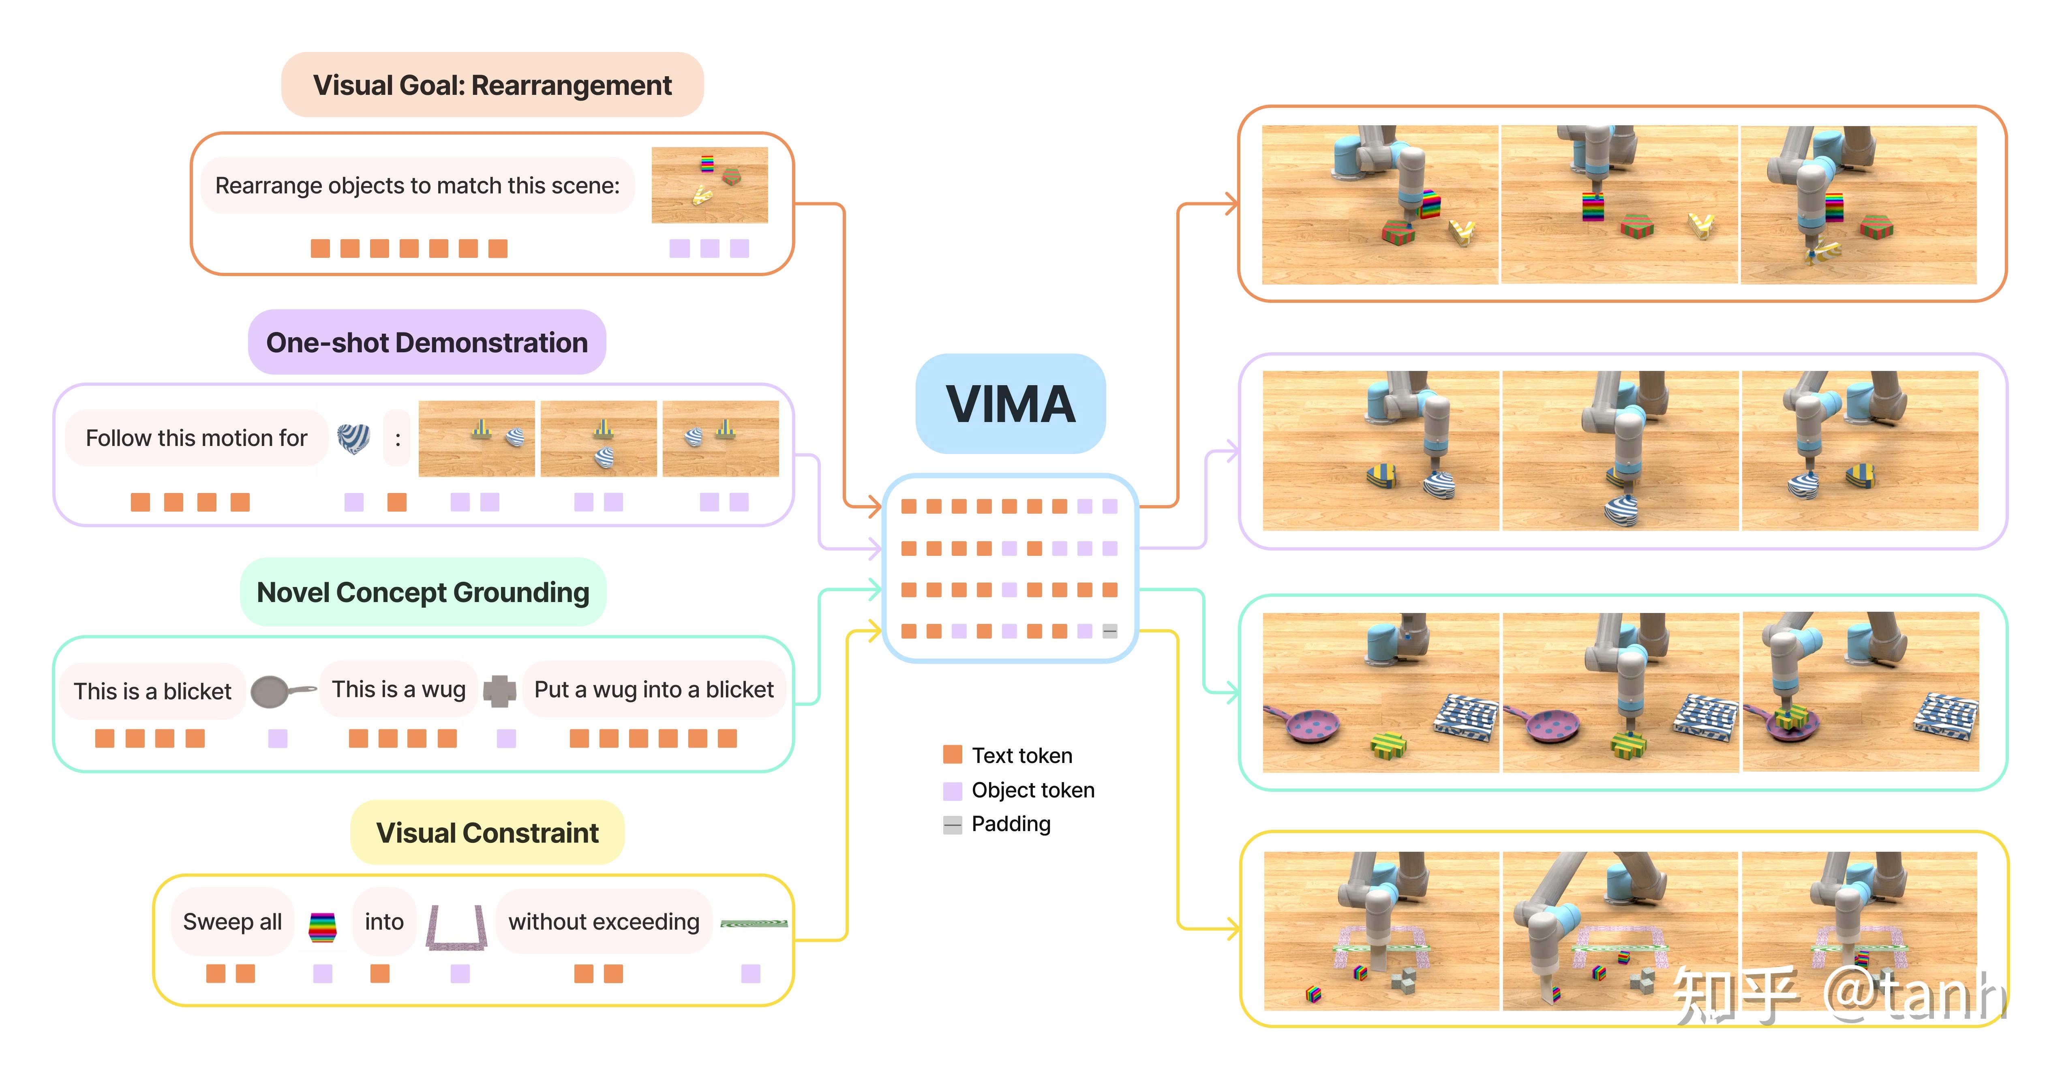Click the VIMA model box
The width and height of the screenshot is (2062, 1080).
pyautogui.click(x=1010, y=403)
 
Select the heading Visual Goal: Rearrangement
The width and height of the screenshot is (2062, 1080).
pyautogui.click(x=492, y=85)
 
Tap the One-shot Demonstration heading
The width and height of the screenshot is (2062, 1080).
pyautogui.click(x=427, y=343)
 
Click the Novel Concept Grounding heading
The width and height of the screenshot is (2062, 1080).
pyautogui.click(x=423, y=592)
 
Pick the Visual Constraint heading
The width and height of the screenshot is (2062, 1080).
pyautogui.click(x=487, y=833)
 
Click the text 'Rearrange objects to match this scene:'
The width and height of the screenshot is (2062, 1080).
pyautogui.click(x=417, y=186)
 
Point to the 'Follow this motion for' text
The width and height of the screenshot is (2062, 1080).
pyautogui.click(x=196, y=438)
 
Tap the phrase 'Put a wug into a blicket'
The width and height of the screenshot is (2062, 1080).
pyautogui.click(x=653, y=689)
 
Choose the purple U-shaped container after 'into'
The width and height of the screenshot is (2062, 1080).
pyautogui.click(x=456, y=929)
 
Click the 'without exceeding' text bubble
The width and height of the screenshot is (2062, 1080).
pyautogui.click(x=604, y=921)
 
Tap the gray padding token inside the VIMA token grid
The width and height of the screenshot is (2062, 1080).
pyautogui.click(x=1109, y=632)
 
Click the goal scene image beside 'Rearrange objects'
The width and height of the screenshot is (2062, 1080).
pyautogui.click(x=709, y=185)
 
